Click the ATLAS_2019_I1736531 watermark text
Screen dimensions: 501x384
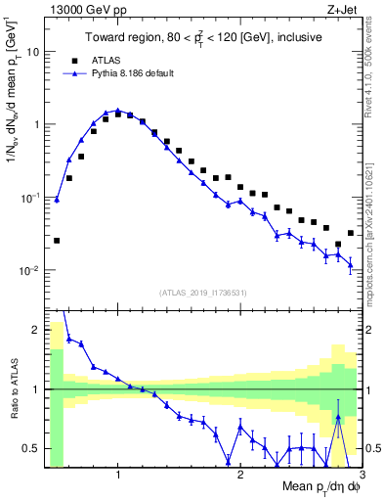[202, 293]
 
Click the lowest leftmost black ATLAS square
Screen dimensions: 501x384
[57, 240]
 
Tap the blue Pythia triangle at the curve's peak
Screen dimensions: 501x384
[117, 111]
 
